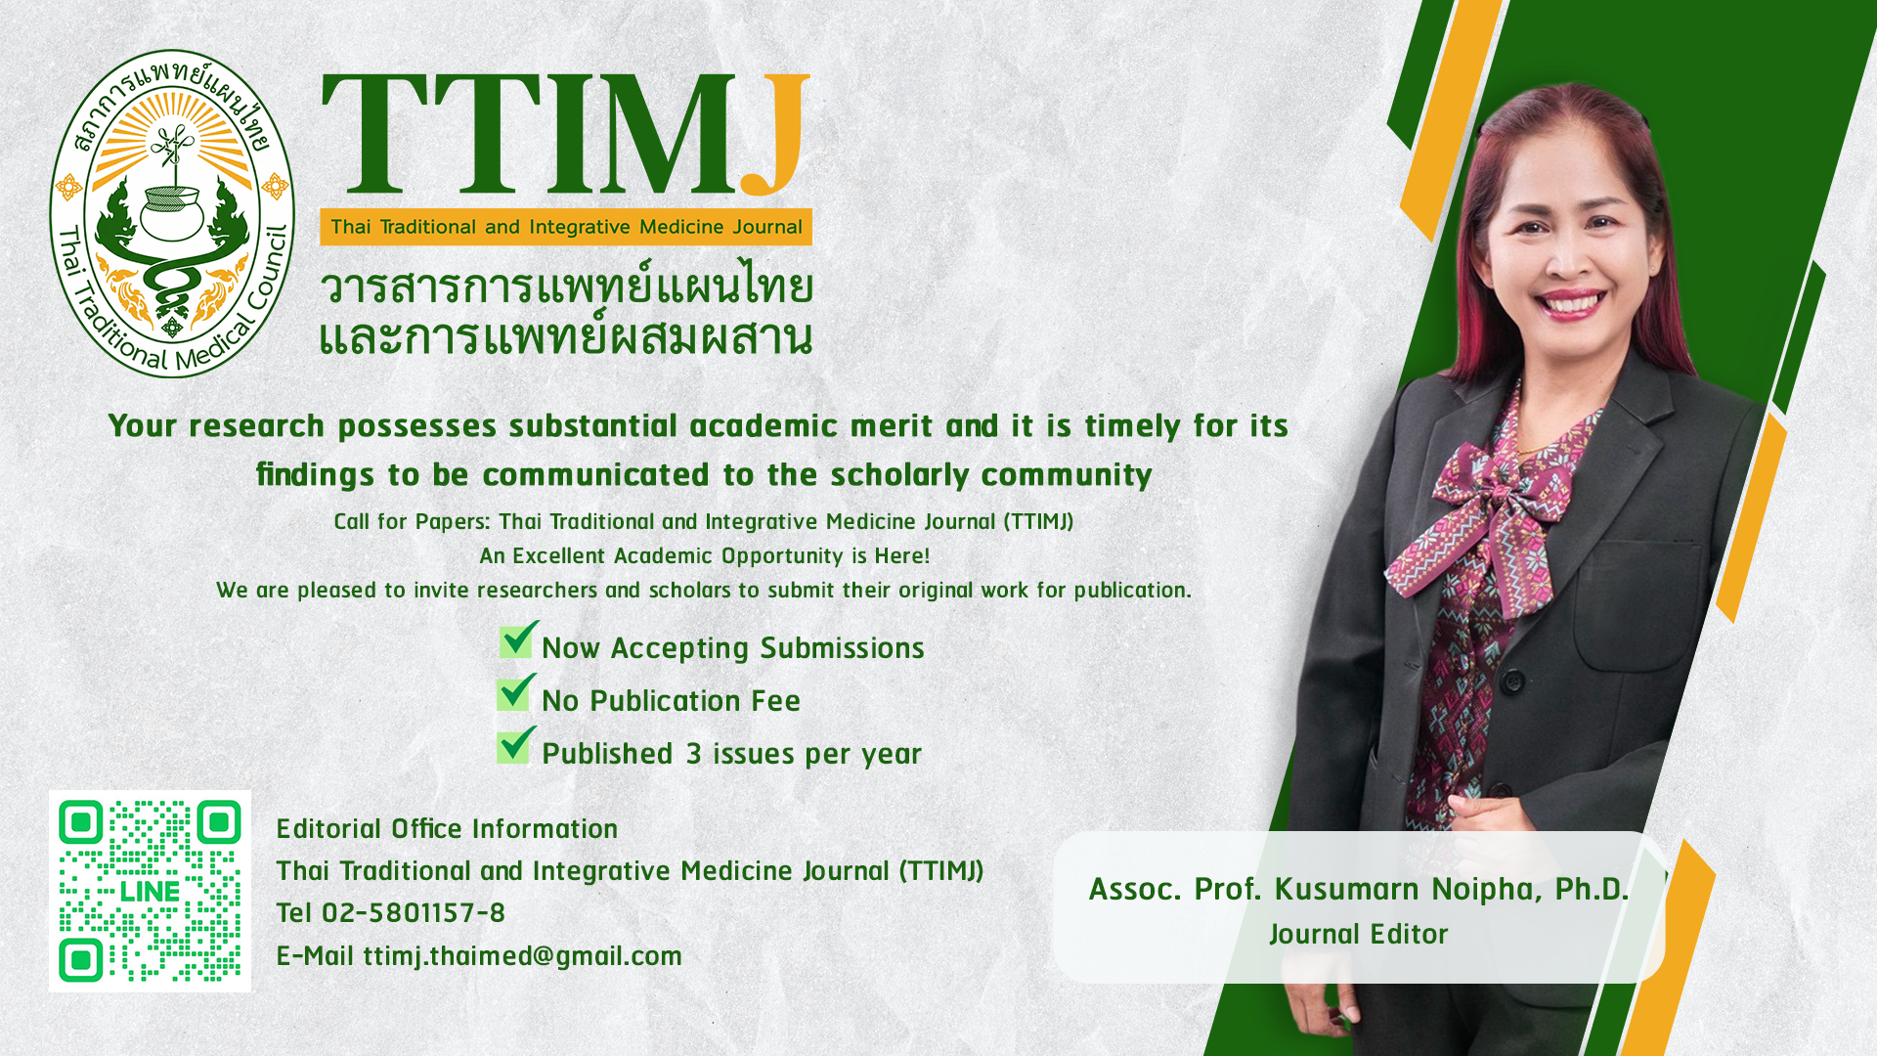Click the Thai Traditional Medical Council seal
click(x=172, y=213)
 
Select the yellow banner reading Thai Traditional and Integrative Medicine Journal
click(x=566, y=227)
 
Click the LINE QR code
click(x=150, y=891)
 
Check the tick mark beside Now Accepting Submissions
click(x=518, y=639)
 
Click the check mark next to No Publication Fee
click(x=516, y=692)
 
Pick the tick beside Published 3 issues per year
click(x=516, y=745)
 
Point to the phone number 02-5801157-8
click(x=413, y=912)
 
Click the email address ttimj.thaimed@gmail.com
click(x=522, y=955)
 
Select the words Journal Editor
click(x=1358, y=934)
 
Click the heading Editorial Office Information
click(x=447, y=828)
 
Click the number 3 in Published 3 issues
click(x=693, y=754)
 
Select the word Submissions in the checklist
click(x=842, y=648)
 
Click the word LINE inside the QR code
click(x=150, y=892)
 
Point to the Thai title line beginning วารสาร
click(x=567, y=287)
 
